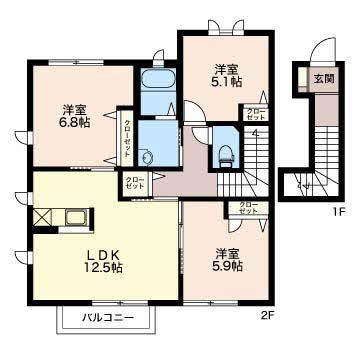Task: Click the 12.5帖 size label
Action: pyautogui.click(x=102, y=268)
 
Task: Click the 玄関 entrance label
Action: pyautogui.click(x=323, y=78)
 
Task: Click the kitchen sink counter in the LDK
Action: pyautogui.click(x=74, y=217)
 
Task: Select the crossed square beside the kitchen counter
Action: pyautogui.click(x=42, y=217)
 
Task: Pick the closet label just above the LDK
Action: pyautogui.click(x=135, y=183)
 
